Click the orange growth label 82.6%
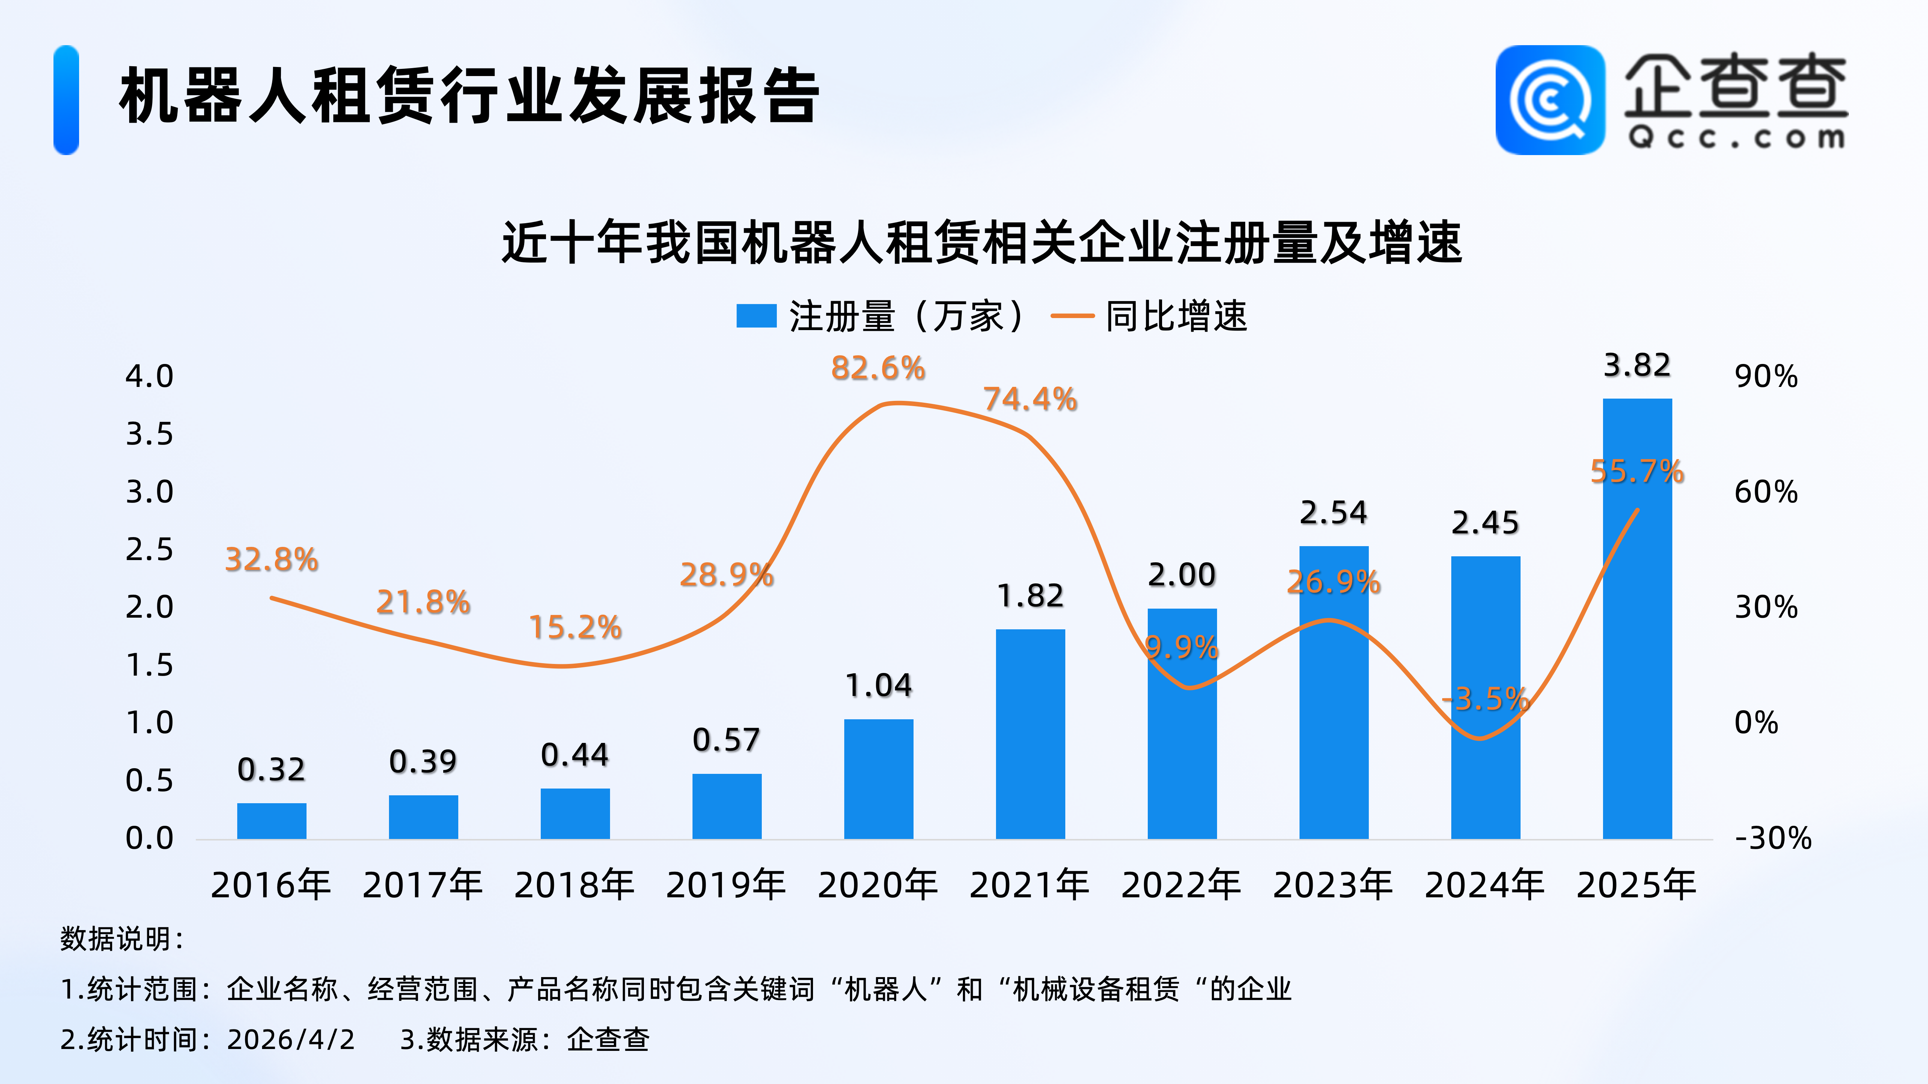coord(878,368)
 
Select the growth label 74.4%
coord(1030,399)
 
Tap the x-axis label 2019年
coord(726,885)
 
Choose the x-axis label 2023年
coord(1333,885)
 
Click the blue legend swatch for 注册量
coord(756,316)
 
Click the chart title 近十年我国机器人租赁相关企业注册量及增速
coord(981,242)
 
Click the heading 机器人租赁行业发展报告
coord(469,96)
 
